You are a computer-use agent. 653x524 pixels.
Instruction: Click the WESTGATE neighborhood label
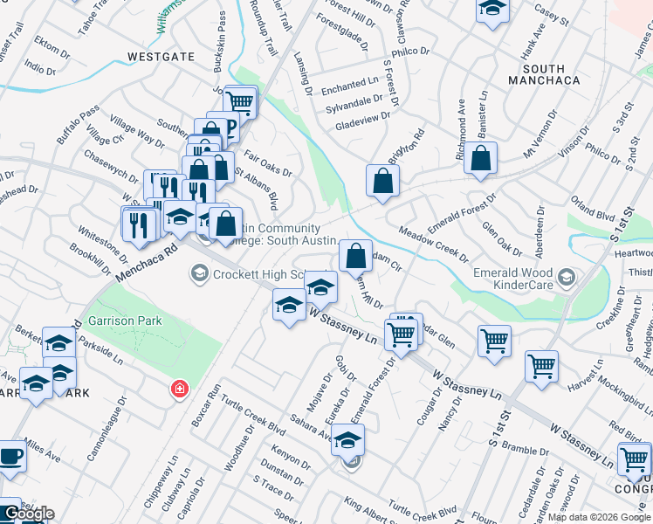[161, 57]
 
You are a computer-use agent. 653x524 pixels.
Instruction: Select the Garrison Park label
[125, 321]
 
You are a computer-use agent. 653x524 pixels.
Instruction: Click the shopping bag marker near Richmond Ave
[480, 159]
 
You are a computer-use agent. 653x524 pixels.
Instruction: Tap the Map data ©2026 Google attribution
[599, 517]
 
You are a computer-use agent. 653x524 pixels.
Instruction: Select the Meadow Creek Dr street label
[434, 245]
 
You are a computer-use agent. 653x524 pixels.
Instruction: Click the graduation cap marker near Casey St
[492, 9]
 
